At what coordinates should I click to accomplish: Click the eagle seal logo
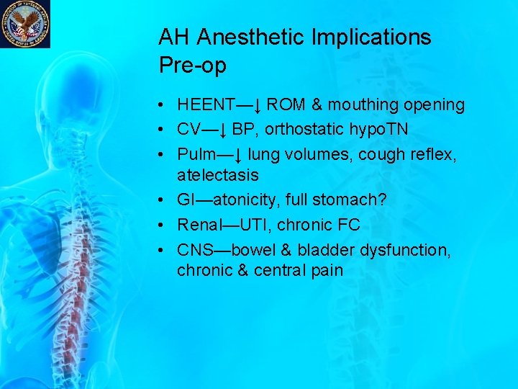(x=25, y=24)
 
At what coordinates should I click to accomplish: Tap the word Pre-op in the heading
(x=193, y=66)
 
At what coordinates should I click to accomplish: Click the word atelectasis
(x=218, y=175)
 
